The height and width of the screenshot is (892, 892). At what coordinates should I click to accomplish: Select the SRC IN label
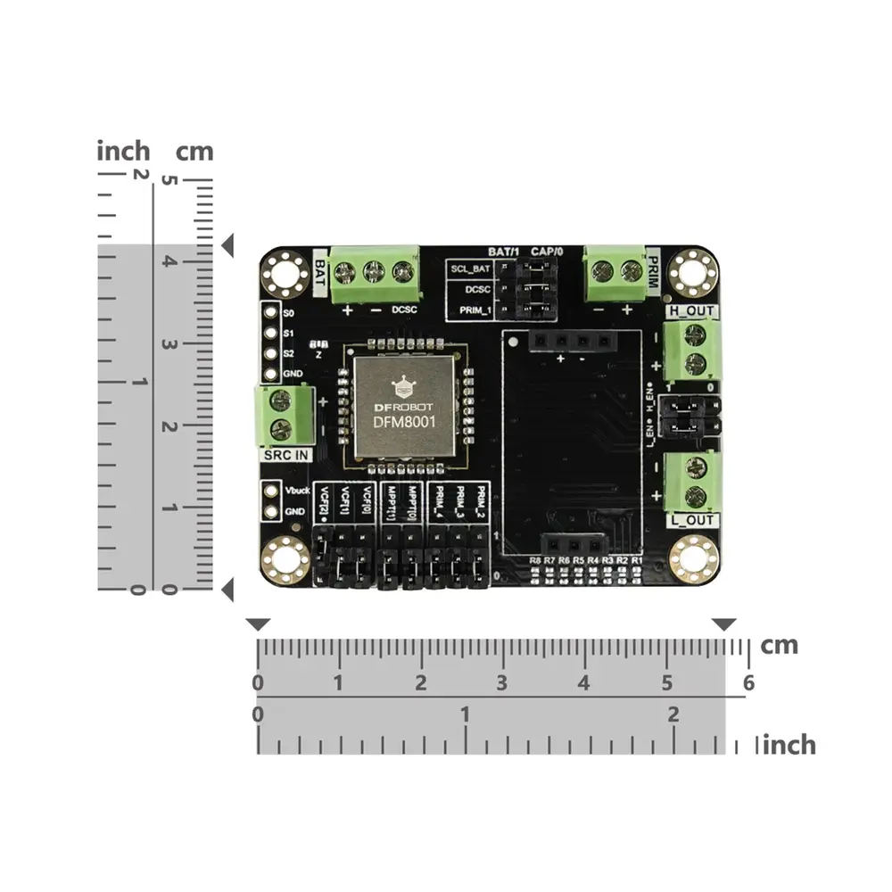click(x=285, y=455)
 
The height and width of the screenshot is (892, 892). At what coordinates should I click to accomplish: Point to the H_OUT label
click(x=690, y=311)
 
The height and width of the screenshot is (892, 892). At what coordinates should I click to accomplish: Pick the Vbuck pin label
click(x=295, y=491)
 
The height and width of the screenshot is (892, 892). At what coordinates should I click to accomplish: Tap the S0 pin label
click(x=288, y=314)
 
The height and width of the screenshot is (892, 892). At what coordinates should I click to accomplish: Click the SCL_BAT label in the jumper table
click(x=470, y=268)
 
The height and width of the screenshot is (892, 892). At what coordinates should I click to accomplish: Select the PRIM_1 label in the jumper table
click(x=474, y=310)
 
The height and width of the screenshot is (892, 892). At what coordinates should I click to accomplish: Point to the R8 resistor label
click(x=535, y=559)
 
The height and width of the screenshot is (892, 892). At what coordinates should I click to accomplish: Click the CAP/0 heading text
click(x=547, y=251)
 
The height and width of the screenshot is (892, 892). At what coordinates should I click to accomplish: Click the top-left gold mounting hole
click(x=285, y=273)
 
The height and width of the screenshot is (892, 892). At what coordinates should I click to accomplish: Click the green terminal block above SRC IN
click(x=283, y=415)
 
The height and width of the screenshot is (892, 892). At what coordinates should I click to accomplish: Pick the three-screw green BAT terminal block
click(x=375, y=274)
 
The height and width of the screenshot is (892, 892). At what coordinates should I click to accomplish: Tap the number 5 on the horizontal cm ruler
click(x=666, y=683)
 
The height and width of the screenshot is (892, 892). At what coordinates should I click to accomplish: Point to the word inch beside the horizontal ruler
click(x=789, y=744)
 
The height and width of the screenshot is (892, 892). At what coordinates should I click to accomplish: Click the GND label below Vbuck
click(x=294, y=512)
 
